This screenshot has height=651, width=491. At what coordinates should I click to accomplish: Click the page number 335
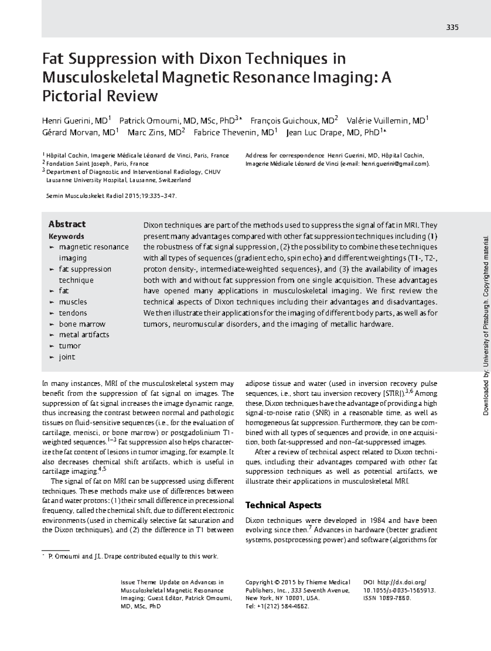coord(453,28)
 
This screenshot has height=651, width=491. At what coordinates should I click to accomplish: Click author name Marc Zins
coord(154,132)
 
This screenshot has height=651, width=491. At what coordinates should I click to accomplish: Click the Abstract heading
coord(67,224)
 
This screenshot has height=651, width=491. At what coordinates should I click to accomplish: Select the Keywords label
coord(66,236)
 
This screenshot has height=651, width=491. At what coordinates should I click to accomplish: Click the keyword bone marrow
coord(82,324)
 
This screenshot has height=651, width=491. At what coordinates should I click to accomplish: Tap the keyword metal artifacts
coord(84,334)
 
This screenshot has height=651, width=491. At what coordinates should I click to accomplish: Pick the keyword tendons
coord(73,313)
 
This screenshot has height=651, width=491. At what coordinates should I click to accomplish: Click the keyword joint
coord(67,357)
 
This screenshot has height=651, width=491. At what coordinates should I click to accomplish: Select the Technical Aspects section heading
coord(283,505)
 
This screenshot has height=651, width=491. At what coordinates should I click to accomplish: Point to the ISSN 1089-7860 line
coord(387,598)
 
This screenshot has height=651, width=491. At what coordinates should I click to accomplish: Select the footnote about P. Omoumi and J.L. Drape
coord(133,557)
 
